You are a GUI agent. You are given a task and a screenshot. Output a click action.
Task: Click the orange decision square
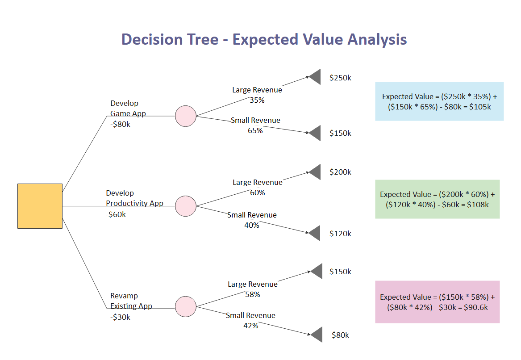(x=40, y=206)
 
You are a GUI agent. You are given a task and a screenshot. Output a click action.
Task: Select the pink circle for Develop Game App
(x=186, y=116)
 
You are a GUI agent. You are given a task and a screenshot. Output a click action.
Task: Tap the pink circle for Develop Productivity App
(x=186, y=206)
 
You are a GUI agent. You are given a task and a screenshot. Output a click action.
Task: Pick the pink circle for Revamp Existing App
(x=186, y=306)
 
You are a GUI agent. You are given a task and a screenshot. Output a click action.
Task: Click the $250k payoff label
(x=340, y=78)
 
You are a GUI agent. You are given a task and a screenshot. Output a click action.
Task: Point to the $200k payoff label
(x=340, y=172)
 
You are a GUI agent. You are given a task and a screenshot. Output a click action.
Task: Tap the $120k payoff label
(x=340, y=234)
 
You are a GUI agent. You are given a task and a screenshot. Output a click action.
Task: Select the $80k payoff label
(x=340, y=335)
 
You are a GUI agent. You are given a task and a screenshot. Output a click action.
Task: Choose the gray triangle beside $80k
(x=317, y=335)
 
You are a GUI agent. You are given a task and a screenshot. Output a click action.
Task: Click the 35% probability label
(x=257, y=100)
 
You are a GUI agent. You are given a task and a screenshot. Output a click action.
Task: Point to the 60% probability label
(x=258, y=193)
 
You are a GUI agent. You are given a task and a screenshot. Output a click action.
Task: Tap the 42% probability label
(x=251, y=326)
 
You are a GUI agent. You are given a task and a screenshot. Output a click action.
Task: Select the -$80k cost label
(x=120, y=124)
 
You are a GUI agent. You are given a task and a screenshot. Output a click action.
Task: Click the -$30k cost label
(x=120, y=317)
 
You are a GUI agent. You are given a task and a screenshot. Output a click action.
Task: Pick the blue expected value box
(x=439, y=101)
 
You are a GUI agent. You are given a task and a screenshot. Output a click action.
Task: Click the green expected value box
(x=437, y=199)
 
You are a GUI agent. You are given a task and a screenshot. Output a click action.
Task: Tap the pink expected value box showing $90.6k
(x=437, y=302)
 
